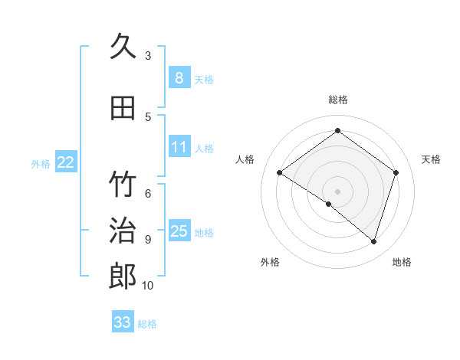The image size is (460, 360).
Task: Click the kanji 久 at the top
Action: [x=123, y=47]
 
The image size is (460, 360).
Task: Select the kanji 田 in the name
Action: [x=123, y=108]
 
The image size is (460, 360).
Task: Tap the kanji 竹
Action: [x=123, y=185]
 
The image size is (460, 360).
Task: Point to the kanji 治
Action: [x=123, y=230]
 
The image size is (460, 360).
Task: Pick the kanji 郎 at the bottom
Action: [x=123, y=276]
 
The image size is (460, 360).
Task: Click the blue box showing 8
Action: [x=179, y=78]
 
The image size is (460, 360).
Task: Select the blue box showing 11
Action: [x=179, y=147]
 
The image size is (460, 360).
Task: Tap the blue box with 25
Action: [x=179, y=232]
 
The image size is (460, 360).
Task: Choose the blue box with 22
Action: [x=65, y=162]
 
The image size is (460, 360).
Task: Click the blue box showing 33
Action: [x=122, y=322]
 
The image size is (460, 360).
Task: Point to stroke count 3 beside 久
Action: [x=148, y=55]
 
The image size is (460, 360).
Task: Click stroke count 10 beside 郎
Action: [x=148, y=285]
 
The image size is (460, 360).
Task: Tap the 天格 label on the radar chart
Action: [x=431, y=159]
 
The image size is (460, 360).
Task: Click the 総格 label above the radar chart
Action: [x=338, y=100]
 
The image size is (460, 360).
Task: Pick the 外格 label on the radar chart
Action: [x=270, y=262]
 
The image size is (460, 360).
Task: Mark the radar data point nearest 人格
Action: [x=280, y=173]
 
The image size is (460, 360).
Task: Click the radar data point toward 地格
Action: [x=373, y=241]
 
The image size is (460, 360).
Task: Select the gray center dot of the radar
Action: [x=337, y=190]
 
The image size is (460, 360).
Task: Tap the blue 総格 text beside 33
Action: [x=147, y=324]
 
